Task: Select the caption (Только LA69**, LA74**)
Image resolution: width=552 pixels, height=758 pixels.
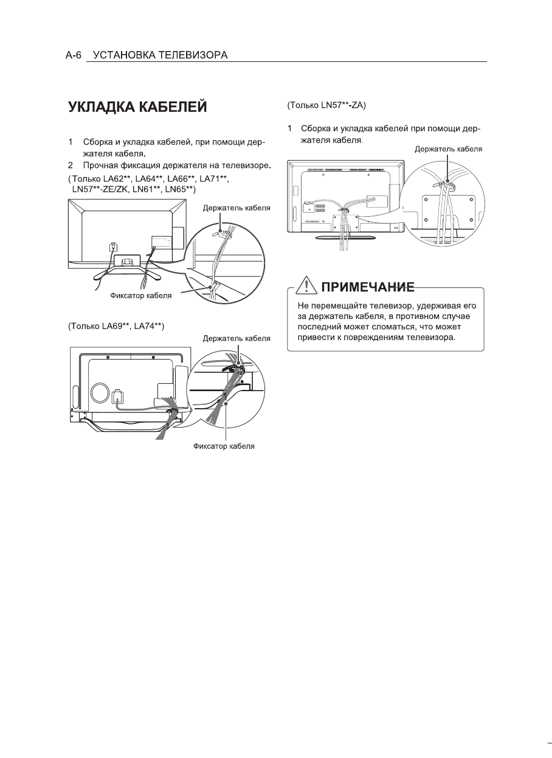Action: tap(116, 326)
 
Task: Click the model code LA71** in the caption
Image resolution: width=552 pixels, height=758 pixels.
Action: tap(213, 179)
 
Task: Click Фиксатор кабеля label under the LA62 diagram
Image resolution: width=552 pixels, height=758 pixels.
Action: tap(140, 296)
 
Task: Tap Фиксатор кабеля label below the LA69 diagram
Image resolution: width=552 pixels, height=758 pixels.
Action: tap(224, 446)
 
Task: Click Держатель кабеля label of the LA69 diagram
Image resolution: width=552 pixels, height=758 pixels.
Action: tap(236, 338)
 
